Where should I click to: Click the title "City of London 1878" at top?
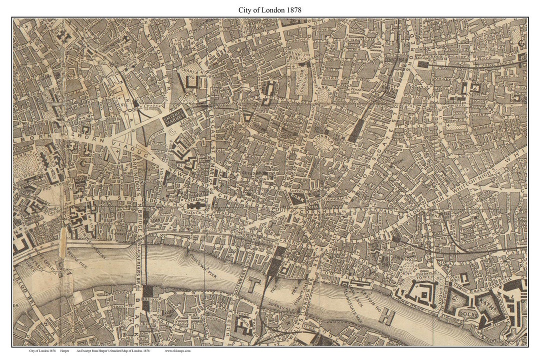tap(270, 9)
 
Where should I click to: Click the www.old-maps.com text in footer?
tap(177, 351)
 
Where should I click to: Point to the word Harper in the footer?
tap(65, 351)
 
